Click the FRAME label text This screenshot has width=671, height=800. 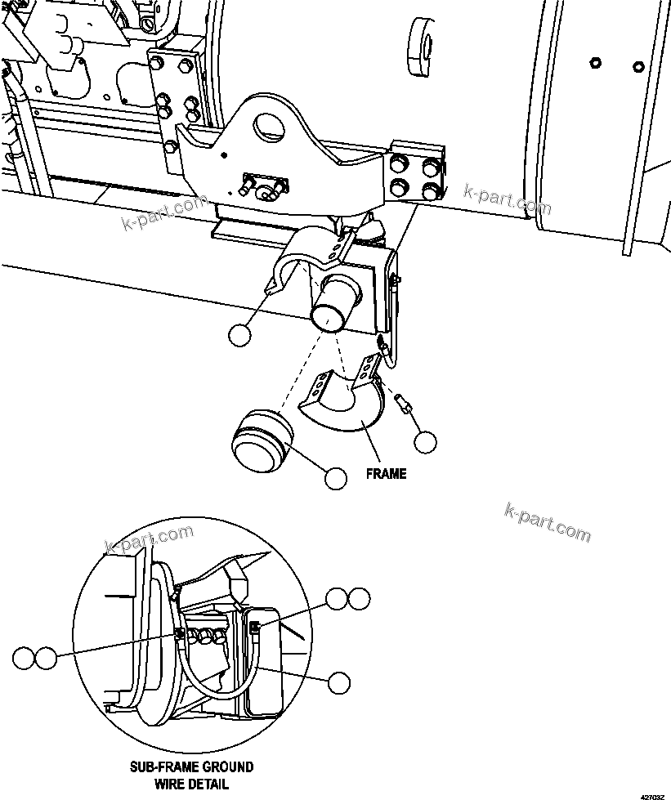point(386,473)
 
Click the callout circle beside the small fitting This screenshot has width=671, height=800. point(424,442)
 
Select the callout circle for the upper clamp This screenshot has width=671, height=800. point(239,335)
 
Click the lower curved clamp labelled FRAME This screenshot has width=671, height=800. point(343,404)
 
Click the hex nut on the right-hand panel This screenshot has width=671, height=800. point(595,62)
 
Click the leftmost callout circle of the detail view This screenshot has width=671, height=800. point(25,657)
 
